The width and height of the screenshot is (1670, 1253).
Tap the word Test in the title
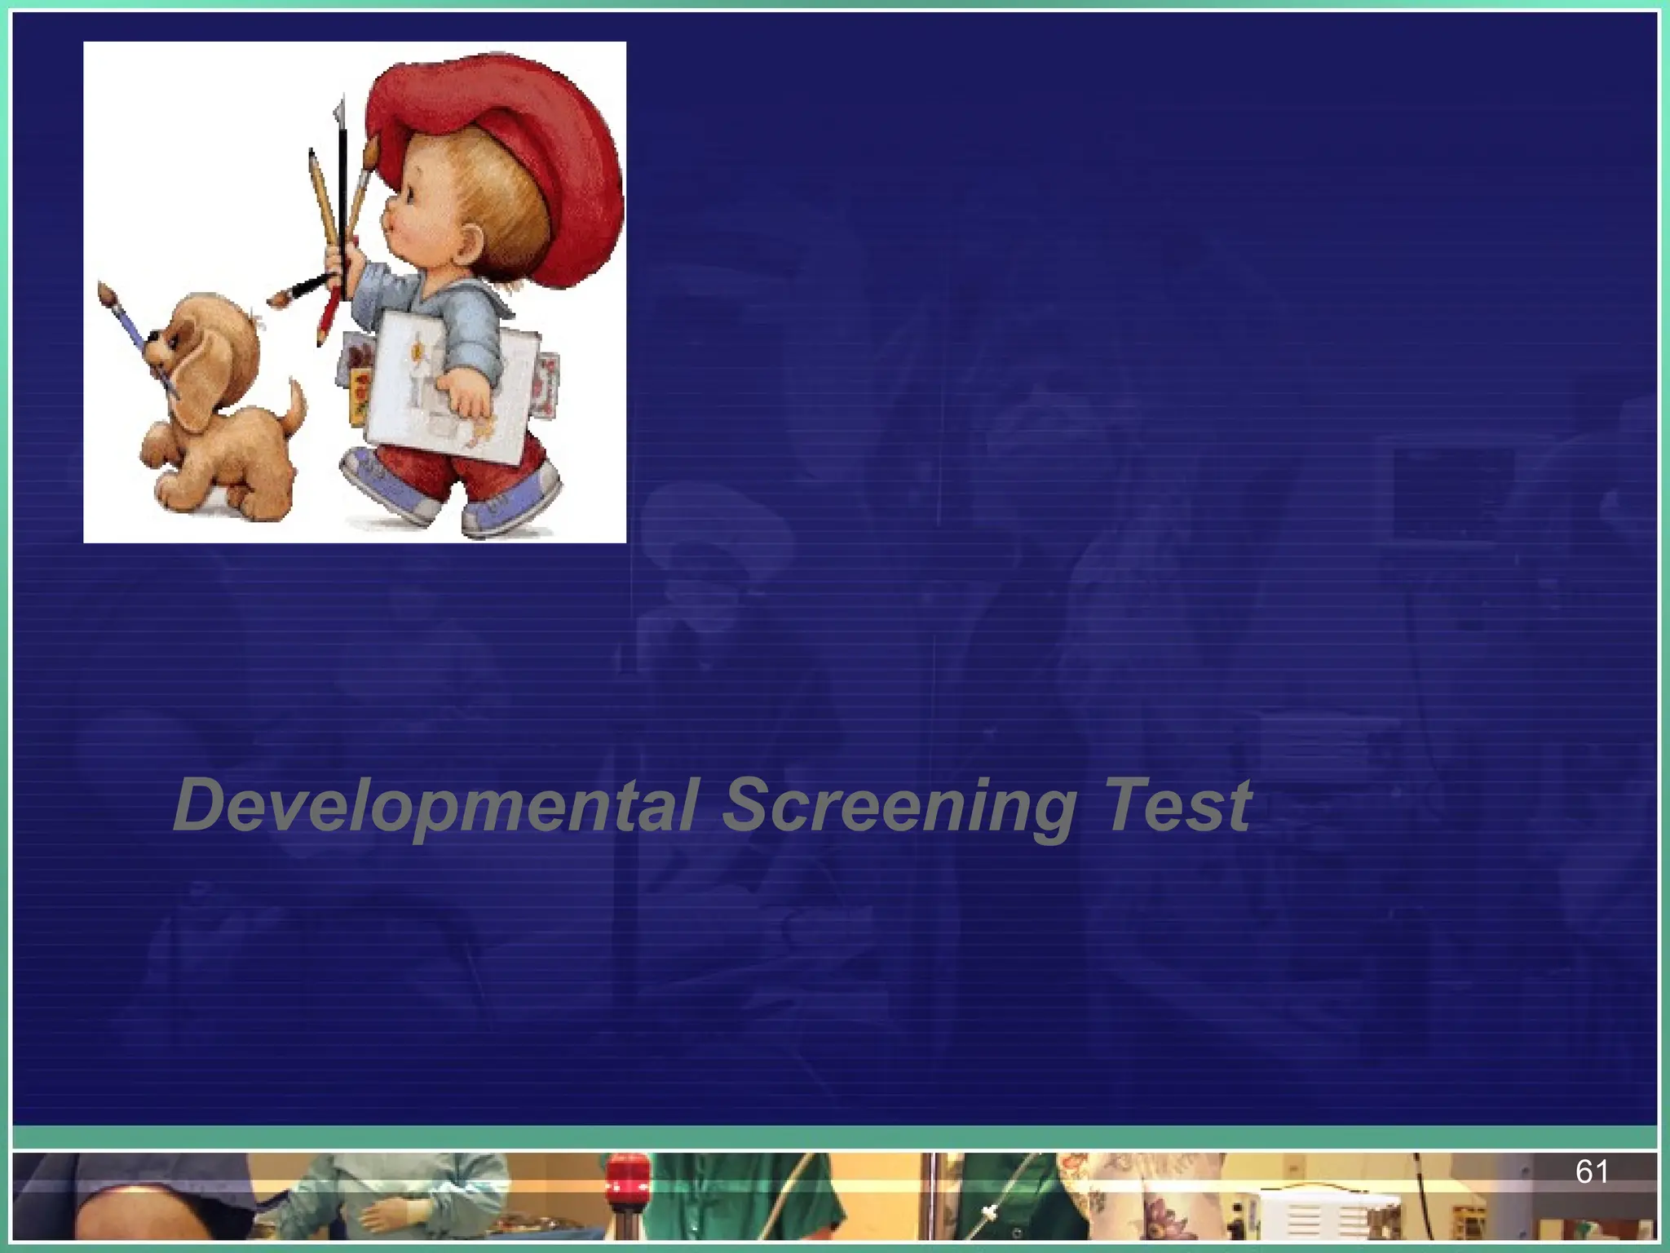coord(1177,806)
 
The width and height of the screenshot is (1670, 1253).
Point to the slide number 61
coord(1591,1172)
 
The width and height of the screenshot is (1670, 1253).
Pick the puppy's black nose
coord(148,334)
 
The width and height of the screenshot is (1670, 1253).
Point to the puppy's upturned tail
coord(294,408)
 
